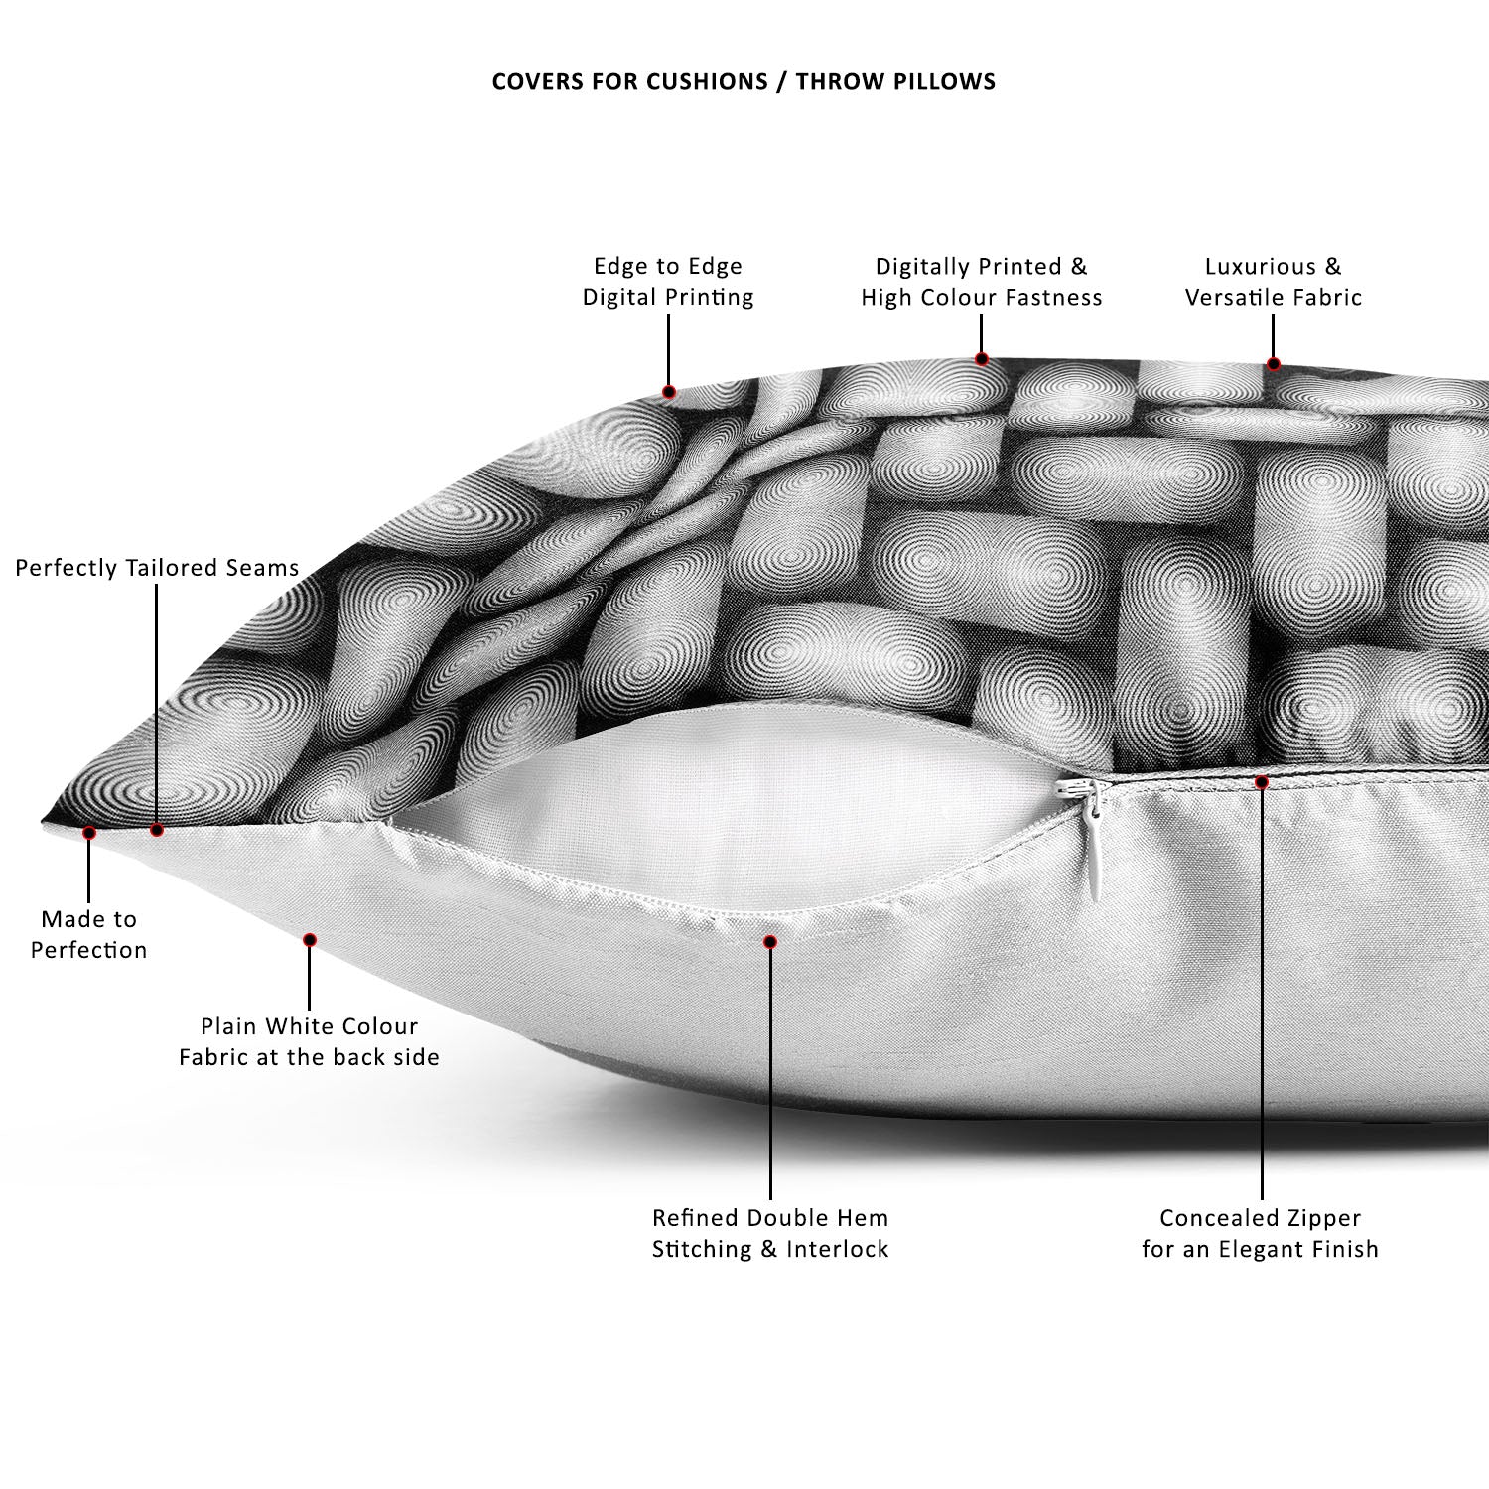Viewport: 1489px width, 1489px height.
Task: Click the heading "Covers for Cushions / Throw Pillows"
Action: [x=744, y=81]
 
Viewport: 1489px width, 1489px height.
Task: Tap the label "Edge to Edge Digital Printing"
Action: [x=668, y=282]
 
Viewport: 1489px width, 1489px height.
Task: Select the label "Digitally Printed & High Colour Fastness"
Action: [x=982, y=282]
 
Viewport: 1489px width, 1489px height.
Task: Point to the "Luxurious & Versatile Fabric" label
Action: [x=1274, y=282]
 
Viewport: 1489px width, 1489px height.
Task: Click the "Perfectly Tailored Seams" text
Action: [x=157, y=568]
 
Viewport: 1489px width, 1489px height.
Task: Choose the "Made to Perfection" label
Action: [x=88, y=934]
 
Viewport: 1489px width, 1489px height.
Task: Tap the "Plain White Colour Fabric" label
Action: [x=309, y=1041]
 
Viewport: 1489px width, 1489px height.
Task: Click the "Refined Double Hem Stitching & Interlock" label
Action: [x=770, y=1233]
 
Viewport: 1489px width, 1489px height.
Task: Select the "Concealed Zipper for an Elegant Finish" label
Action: [x=1261, y=1233]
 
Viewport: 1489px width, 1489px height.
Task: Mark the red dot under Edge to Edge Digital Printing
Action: [x=669, y=392]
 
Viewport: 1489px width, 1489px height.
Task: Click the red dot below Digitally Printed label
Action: [x=982, y=359]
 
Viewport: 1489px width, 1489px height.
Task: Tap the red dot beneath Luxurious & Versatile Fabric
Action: [x=1274, y=364]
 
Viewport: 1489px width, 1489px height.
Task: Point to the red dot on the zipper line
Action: [x=1262, y=782]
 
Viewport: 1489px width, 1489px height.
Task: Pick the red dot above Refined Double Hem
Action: [x=770, y=941]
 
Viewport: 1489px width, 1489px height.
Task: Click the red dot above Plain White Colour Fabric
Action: [x=310, y=939]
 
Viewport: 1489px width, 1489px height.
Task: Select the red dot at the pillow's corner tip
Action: [x=89, y=833]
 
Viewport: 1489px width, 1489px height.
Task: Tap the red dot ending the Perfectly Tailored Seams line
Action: [x=157, y=830]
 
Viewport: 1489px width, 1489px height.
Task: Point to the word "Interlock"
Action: [x=838, y=1249]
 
